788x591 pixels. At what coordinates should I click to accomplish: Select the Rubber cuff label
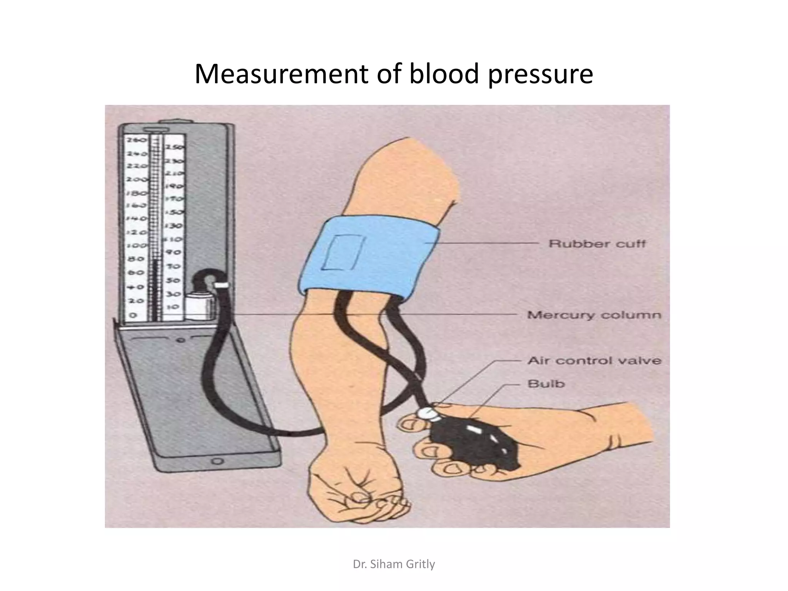pos(597,244)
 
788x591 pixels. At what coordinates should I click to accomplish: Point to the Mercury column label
pos(594,315)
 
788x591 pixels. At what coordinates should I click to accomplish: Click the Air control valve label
pos(594,361)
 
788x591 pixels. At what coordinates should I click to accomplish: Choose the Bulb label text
pos(546,384)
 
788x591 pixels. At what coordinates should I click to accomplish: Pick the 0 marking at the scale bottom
pos(132,315)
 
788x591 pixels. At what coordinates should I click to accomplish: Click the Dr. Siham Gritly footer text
pos(394,564)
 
